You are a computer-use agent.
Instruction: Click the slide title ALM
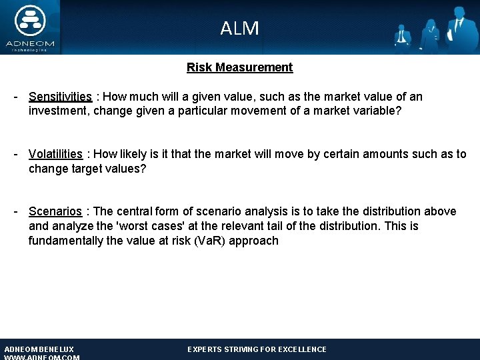point(239,28)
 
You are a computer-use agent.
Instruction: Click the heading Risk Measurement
point(239,67)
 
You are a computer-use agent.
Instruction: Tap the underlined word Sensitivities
point(60,97)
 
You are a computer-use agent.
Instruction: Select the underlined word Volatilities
point(55,154)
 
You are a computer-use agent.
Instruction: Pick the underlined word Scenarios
point(55,211)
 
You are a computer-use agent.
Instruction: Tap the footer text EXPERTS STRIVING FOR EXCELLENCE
point(257,349)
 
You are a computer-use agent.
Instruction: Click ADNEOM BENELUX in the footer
point(39,349)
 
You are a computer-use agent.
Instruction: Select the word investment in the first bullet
point(58,111)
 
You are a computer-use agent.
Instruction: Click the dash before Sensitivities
point(15,97)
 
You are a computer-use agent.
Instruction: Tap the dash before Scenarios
point(15,211)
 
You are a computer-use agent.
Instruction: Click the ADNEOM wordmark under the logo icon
point(29,43)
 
